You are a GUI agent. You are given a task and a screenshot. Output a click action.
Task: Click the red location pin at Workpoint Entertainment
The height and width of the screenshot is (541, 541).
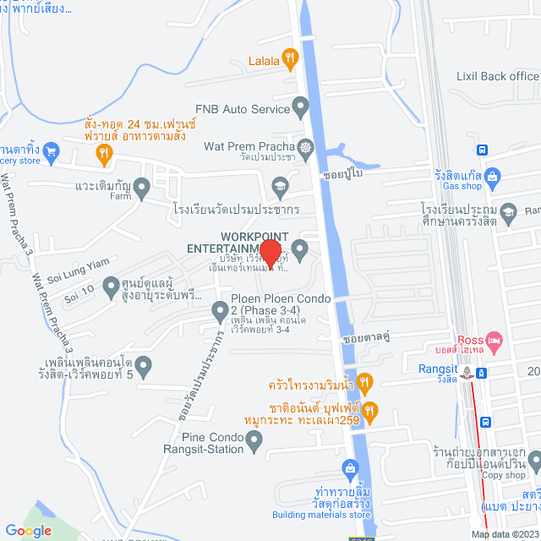tap(270, 251)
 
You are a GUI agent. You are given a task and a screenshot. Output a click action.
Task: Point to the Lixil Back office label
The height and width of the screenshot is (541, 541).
tap(497, 76)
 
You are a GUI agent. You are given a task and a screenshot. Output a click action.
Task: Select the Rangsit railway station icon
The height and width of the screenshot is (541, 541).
tap(480, 372)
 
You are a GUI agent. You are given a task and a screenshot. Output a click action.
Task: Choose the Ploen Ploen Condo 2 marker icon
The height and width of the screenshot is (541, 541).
tap(219, 309)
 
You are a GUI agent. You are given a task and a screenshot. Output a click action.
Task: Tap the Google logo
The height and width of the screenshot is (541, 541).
tap(28, 530)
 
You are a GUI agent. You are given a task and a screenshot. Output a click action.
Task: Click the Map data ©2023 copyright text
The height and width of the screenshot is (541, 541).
tap(504, 533)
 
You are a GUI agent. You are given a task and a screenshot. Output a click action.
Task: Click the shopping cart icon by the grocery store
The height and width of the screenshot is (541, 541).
tap(52, 152)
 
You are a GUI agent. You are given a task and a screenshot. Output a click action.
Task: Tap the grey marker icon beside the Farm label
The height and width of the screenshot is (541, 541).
tap(143, 187)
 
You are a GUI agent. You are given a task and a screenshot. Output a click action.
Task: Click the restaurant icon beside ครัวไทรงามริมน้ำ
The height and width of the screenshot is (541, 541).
tap(364, 382)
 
